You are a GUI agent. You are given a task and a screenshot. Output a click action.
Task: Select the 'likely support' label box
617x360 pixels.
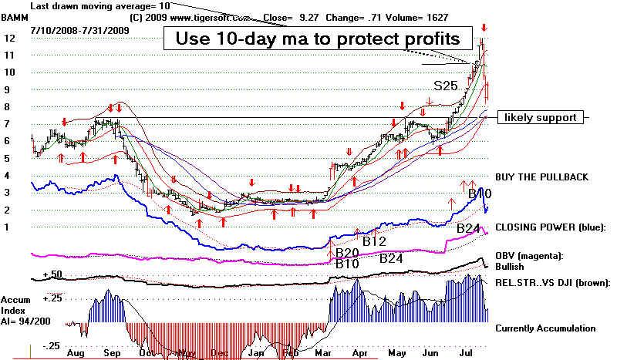540,118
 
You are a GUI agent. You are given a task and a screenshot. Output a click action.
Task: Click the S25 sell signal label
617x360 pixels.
446,86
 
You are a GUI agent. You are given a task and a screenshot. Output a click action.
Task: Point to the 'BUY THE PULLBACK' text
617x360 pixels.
541,177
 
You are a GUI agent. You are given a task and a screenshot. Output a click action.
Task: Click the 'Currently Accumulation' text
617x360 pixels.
545,328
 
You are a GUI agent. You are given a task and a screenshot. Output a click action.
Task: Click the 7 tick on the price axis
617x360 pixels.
7,124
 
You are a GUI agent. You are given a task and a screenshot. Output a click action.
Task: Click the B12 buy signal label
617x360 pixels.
374,241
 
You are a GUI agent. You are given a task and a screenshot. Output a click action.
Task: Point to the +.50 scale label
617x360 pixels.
52,274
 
